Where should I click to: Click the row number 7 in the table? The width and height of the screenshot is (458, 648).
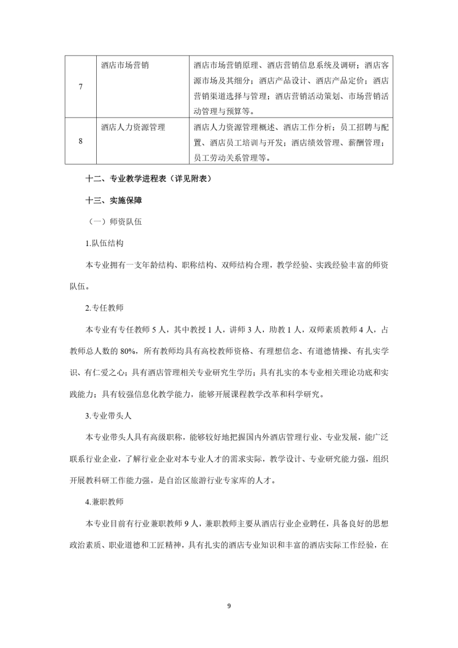point(80,87)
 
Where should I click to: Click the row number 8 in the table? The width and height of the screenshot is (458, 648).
point(80,141)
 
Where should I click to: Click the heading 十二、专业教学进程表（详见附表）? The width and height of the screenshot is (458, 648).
point(148,179)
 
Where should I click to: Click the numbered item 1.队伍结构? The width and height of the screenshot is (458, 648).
point(104,243)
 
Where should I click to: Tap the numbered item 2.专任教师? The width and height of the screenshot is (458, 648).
point(104,307)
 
